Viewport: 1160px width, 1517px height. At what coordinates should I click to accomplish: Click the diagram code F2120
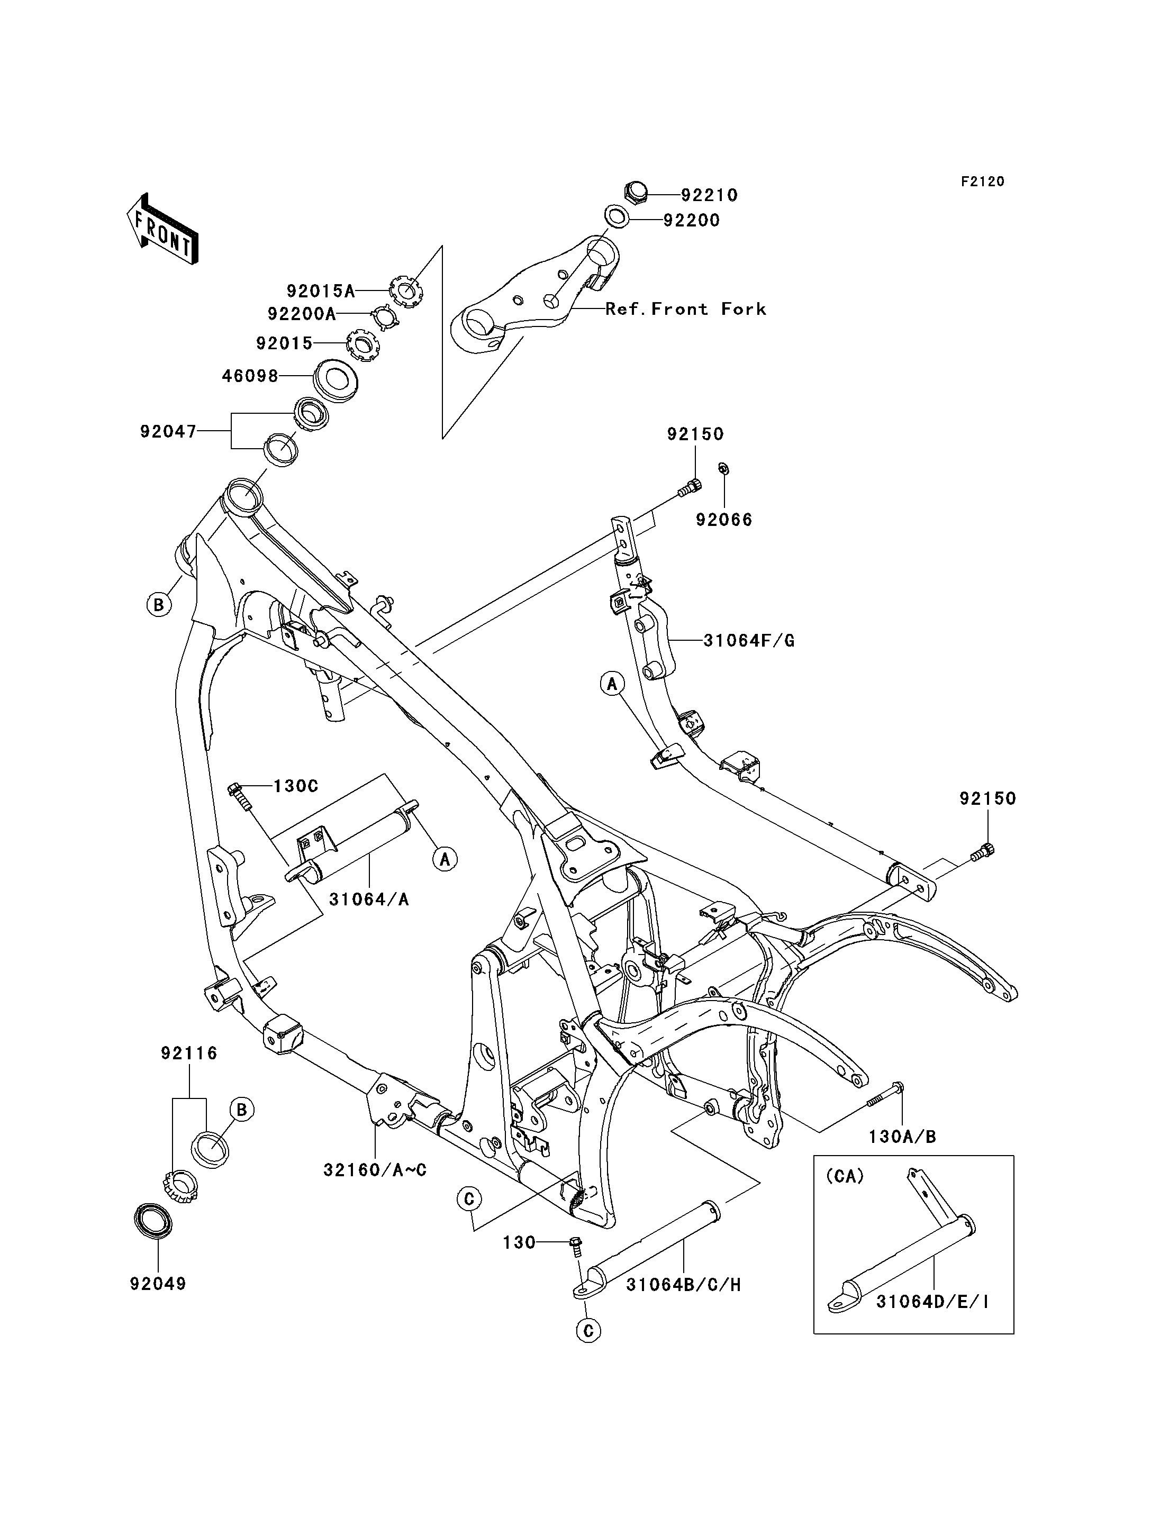coord(983,181)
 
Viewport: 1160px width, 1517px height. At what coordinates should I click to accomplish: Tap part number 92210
coord(709,195)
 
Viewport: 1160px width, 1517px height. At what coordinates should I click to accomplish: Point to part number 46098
coord(250,376)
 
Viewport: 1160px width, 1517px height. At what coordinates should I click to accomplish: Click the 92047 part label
coord(168,432)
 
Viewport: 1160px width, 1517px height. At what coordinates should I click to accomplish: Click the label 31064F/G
coord(749,641)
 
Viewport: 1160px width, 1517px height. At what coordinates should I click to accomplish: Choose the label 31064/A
coord(369,900)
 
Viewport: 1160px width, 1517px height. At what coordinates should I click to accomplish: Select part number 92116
coord(189,1053)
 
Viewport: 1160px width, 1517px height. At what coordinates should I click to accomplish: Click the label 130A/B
coord(902,1137)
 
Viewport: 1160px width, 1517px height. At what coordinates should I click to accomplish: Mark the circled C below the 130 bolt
coord(588,1331)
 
